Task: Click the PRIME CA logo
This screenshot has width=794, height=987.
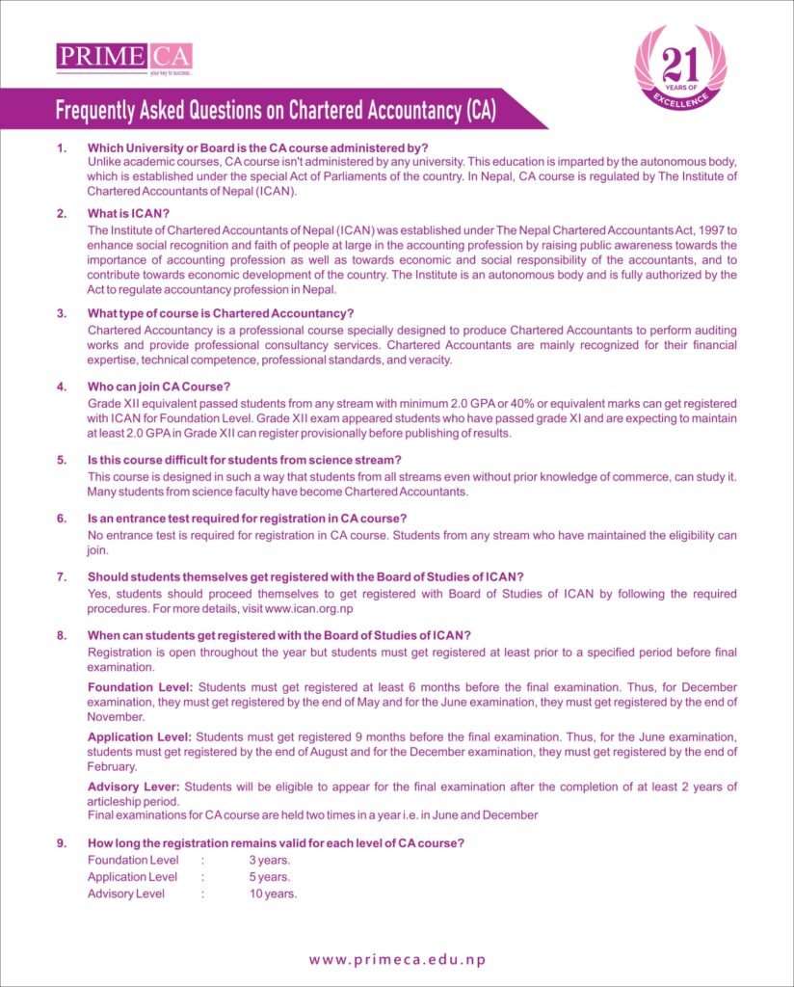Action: point(124,57)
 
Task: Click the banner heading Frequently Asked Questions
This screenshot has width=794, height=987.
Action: point(276,109)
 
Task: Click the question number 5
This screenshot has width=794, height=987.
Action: point(62,460)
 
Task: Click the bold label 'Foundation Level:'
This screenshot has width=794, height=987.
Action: point(141,687)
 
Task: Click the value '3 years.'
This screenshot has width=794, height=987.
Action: point(270,860)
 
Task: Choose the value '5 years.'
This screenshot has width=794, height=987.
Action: point(270,877)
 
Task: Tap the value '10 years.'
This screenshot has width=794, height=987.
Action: point(273,894)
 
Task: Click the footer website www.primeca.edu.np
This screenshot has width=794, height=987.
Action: point(397,959)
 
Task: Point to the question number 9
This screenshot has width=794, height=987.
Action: point(62,843)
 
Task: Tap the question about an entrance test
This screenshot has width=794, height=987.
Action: point(248,519)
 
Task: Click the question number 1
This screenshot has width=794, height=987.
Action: point(62,147)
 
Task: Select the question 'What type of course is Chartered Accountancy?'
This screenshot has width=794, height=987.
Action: point(221,313)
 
